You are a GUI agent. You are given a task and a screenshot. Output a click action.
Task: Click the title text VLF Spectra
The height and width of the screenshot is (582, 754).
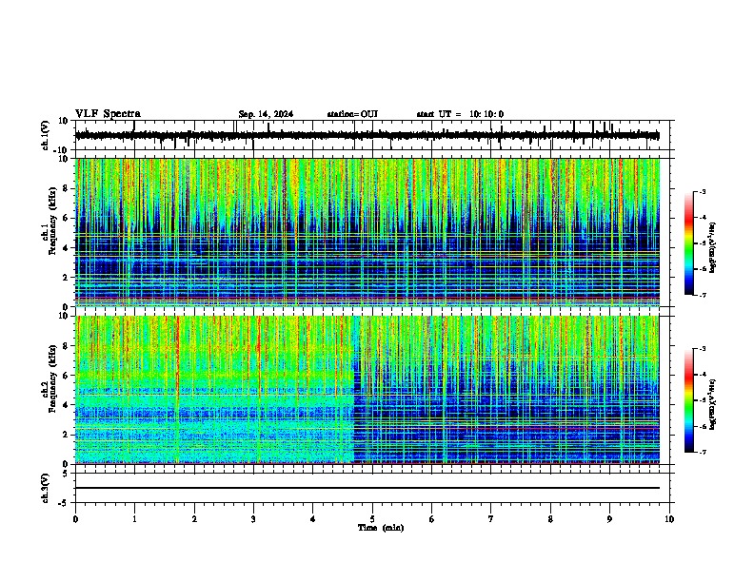108,114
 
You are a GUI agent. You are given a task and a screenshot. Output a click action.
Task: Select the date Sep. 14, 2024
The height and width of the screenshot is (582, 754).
266,114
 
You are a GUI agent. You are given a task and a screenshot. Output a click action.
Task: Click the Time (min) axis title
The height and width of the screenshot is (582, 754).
380,528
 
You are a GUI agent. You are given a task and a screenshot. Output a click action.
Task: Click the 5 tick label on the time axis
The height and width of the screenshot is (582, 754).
373,519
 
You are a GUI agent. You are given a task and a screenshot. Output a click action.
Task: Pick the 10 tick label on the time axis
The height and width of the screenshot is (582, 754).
670,519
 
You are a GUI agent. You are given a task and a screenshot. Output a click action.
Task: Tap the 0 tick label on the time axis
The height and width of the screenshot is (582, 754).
75,519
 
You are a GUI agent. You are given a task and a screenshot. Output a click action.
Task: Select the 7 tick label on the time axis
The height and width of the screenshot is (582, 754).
492,519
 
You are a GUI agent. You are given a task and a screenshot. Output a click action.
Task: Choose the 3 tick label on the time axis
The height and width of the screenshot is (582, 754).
254,519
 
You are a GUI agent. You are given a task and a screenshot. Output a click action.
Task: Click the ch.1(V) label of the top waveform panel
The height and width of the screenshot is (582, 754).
45,136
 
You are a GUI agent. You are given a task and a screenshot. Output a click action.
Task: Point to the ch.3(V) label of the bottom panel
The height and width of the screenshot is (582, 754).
45,485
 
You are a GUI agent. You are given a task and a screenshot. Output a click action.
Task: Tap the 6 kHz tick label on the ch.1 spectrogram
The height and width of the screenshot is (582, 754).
67,218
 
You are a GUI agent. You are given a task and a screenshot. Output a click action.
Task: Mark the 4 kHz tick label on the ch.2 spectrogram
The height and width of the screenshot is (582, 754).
67,405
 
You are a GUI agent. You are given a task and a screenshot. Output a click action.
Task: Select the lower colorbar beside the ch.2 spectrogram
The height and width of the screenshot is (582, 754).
689,400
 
